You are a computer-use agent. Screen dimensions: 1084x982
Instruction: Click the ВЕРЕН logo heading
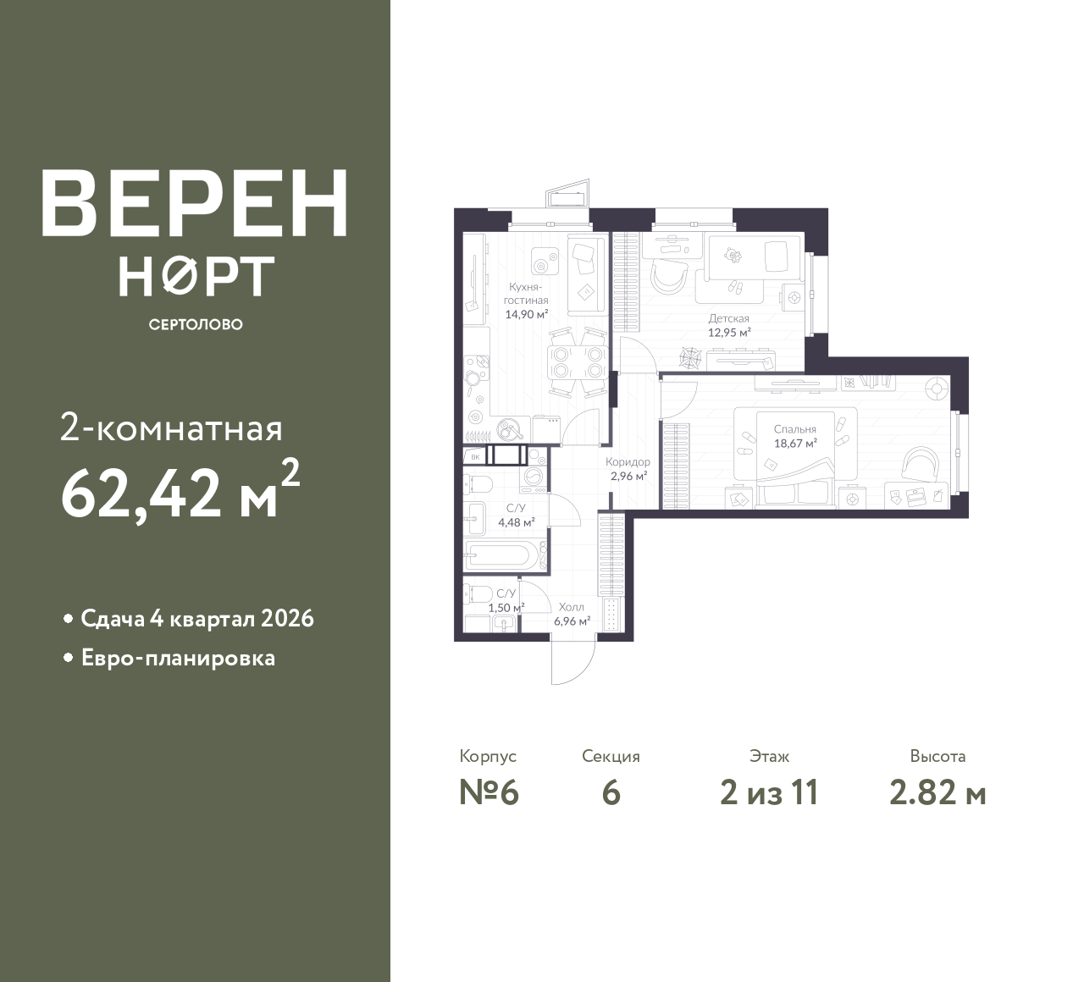click(194, 203)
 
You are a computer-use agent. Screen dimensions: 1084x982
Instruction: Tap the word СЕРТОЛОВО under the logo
click(196, 324)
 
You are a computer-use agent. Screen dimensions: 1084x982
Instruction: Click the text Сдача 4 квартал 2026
click(197, 619)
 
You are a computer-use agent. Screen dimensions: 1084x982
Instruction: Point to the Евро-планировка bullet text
click(179, 658)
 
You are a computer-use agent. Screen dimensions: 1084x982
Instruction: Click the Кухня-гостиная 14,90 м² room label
click(526, 301)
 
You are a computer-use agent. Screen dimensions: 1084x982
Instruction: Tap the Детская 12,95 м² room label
click(729, 326)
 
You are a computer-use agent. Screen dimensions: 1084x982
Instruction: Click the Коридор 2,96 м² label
click(628, 469)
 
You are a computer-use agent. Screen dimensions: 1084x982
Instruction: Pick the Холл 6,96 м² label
click(572, 614)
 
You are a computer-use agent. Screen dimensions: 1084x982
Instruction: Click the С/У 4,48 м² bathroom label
click(517, 516)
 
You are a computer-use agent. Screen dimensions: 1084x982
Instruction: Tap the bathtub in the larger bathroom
click(502, 556)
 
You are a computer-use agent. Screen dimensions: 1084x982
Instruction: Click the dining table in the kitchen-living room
click(578, 362)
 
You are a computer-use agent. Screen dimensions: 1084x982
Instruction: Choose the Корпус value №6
click(489, 793)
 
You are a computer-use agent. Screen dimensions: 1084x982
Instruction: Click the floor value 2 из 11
click(769, 793)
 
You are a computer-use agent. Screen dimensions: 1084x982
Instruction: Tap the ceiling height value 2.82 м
click(937, 793)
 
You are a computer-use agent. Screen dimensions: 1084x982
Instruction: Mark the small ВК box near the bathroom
click(475, 457)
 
